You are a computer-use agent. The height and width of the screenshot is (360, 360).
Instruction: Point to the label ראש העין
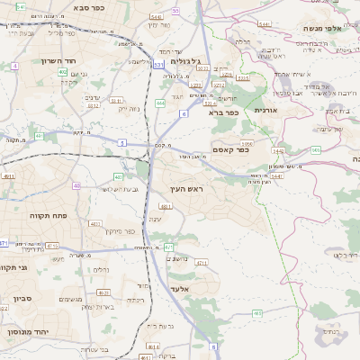187,190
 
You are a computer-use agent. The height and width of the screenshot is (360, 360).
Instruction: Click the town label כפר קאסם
229,149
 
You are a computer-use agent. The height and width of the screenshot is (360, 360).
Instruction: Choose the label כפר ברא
221,112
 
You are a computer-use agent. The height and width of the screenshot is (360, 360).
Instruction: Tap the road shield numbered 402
63,72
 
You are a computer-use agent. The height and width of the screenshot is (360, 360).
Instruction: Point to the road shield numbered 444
160,103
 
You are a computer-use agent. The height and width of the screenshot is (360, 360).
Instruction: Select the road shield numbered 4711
202,263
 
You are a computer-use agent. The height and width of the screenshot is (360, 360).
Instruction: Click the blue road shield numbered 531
158,65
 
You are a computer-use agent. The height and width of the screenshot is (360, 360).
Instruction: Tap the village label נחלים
102,269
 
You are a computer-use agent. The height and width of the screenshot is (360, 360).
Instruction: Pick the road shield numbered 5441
276,175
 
